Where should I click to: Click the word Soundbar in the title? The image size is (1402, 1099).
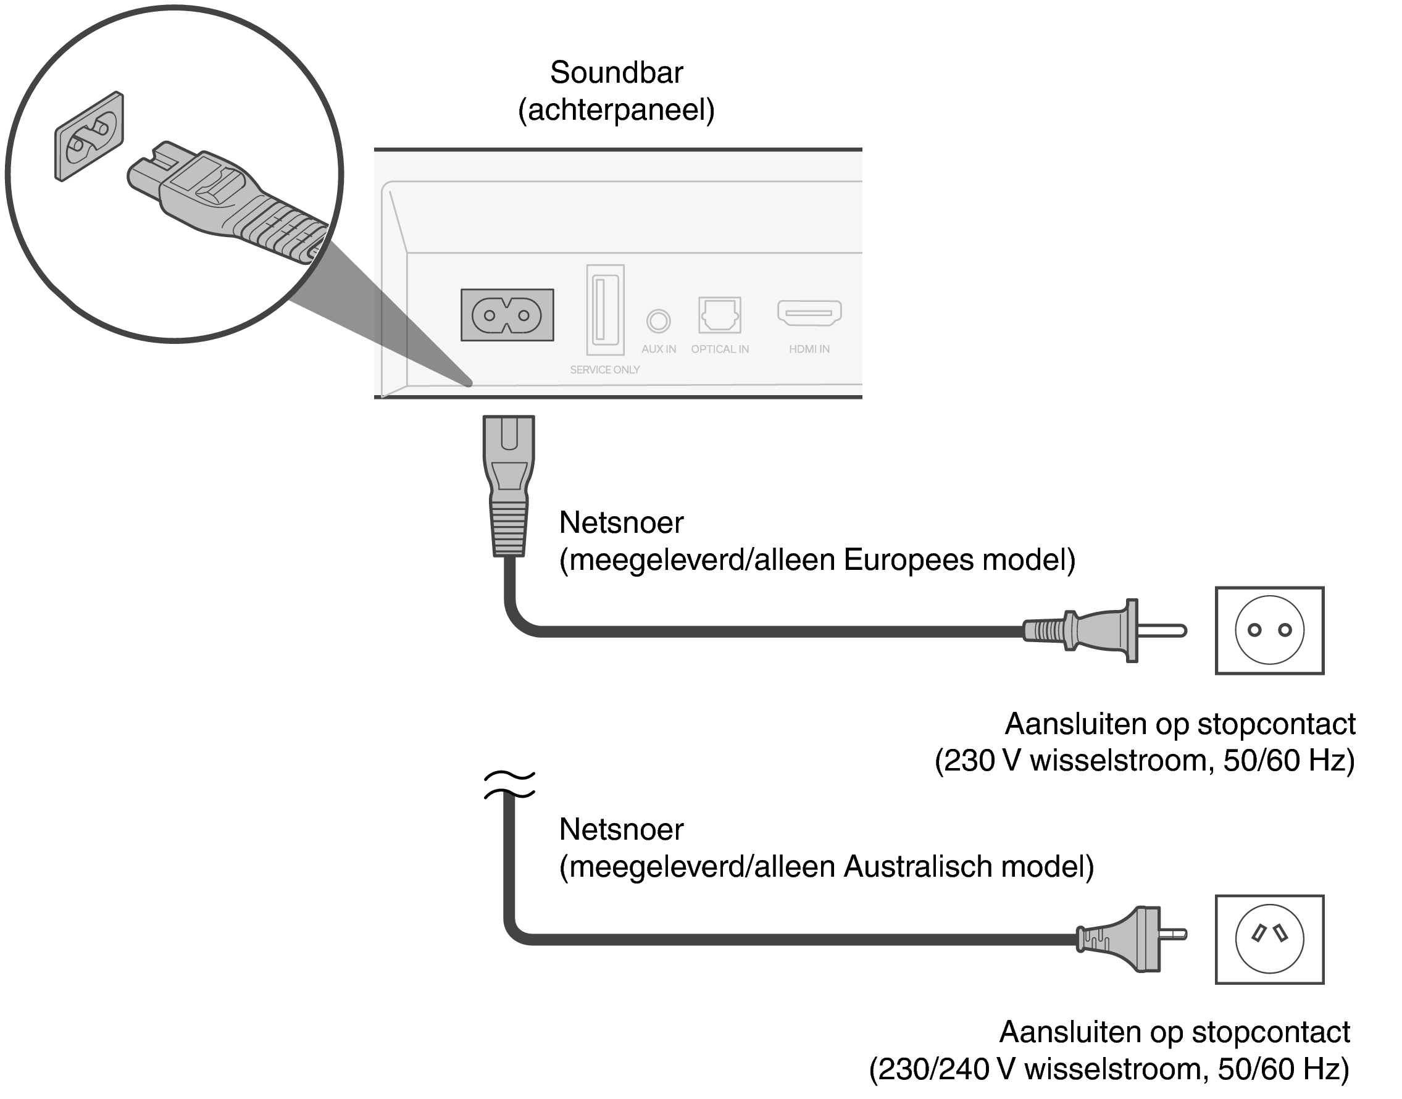(615, 72)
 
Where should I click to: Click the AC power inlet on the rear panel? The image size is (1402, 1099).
(507, 315)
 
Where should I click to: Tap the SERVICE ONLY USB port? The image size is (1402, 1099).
(605, 309)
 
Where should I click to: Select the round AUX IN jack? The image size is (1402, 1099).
(658, 320)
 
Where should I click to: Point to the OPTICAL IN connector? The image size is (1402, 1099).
(719, 315)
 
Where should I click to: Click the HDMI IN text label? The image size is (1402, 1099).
(809, 349)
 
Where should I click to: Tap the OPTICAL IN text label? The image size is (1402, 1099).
(719, 349)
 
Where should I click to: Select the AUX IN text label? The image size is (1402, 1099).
(658, 349)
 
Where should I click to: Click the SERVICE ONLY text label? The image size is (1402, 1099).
(605, 369)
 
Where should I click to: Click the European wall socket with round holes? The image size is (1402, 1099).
(1269, 630)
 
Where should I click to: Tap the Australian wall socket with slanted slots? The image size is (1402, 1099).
(1269, 939)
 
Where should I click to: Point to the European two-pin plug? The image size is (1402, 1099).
(1103, 630)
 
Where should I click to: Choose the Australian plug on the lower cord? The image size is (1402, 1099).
(1129, 939)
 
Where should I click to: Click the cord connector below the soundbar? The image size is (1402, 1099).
(509, 486)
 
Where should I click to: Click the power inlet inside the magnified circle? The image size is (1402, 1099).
(89, 136)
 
